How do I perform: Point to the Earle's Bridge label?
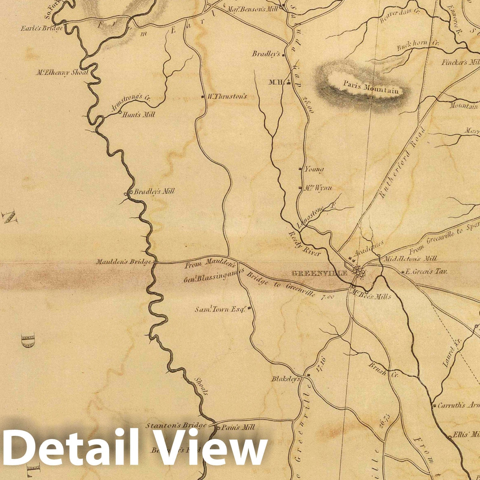(41, 29)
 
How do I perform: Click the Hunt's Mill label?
(138, 115)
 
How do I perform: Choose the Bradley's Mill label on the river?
(154, 192)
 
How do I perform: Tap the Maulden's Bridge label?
(123, 262)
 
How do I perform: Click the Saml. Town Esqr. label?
(220, 309)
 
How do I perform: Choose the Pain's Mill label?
(238, 427)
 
